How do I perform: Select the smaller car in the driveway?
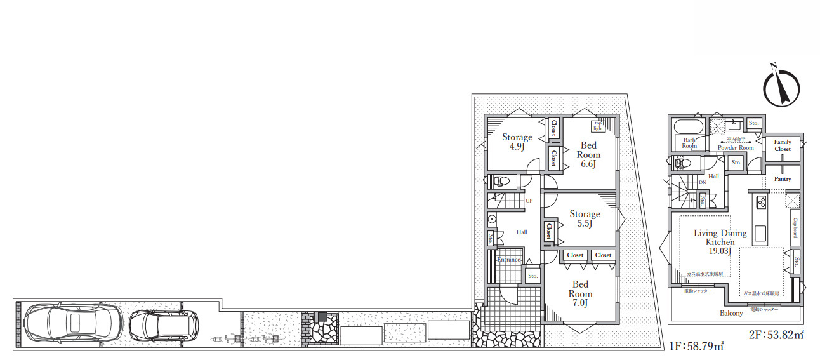click(162, 324)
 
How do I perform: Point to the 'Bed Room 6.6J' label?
click(588, 154)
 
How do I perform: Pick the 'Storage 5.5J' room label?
click(585, 219)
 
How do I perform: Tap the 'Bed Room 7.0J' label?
click(580, 294)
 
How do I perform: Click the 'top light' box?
click(598, 125)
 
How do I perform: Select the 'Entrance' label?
click(508, 260)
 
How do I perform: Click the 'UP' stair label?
click(529, 201)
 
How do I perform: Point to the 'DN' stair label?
click(702, 183)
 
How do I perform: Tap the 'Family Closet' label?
click(783, 145)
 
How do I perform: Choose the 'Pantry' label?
click(783, 179)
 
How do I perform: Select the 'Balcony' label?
click(731, 314)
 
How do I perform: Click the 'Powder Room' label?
click(736, 148)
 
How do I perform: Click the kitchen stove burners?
click(760, 202)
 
